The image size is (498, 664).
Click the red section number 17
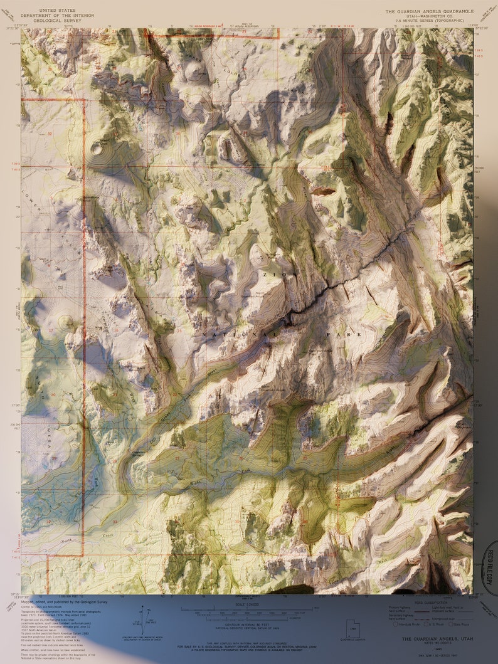[x=51, y=330]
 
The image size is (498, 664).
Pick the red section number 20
[x=53, y=394]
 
